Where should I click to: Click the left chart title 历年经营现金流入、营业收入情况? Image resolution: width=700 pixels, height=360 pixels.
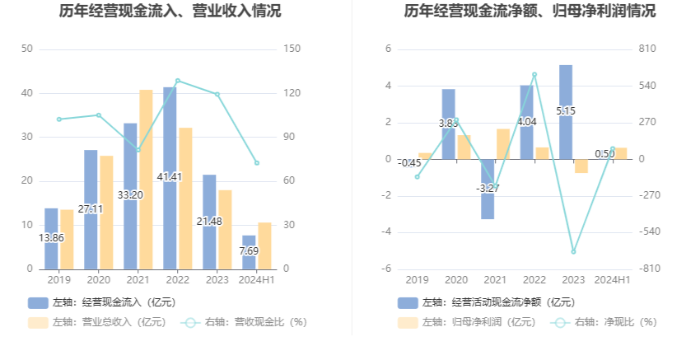[170, 12]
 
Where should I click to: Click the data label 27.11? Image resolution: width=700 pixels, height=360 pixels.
[91, 209]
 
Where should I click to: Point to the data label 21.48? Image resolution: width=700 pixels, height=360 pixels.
[209, 222]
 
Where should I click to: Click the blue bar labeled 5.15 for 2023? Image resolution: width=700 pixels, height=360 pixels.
[566, 91]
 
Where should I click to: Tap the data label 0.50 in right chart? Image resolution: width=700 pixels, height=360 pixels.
[604, 153]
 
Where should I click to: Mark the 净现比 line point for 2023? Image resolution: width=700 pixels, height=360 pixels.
[573, 251]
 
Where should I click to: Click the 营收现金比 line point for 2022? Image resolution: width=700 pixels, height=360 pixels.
[177, 81]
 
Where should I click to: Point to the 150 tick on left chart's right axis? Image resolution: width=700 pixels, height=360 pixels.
[290, 49]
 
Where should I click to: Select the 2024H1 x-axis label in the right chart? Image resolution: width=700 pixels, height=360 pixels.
[612, 280]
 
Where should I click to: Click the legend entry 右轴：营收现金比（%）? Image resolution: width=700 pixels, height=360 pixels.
[247, 322]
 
